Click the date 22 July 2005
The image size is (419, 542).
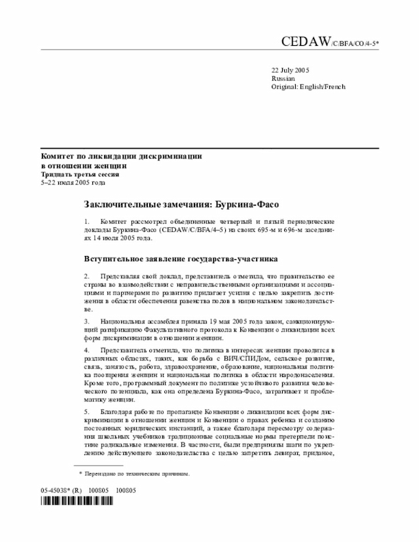[291, 69]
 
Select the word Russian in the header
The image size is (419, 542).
[283, 78]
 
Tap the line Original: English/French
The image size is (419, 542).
[308, 86]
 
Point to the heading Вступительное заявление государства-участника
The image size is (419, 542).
[181, 259]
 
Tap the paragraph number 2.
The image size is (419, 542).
[87, 277]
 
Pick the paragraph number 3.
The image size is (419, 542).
[87, 322]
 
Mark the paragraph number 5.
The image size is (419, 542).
[87, 410]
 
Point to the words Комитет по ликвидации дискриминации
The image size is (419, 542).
[121, 157]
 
